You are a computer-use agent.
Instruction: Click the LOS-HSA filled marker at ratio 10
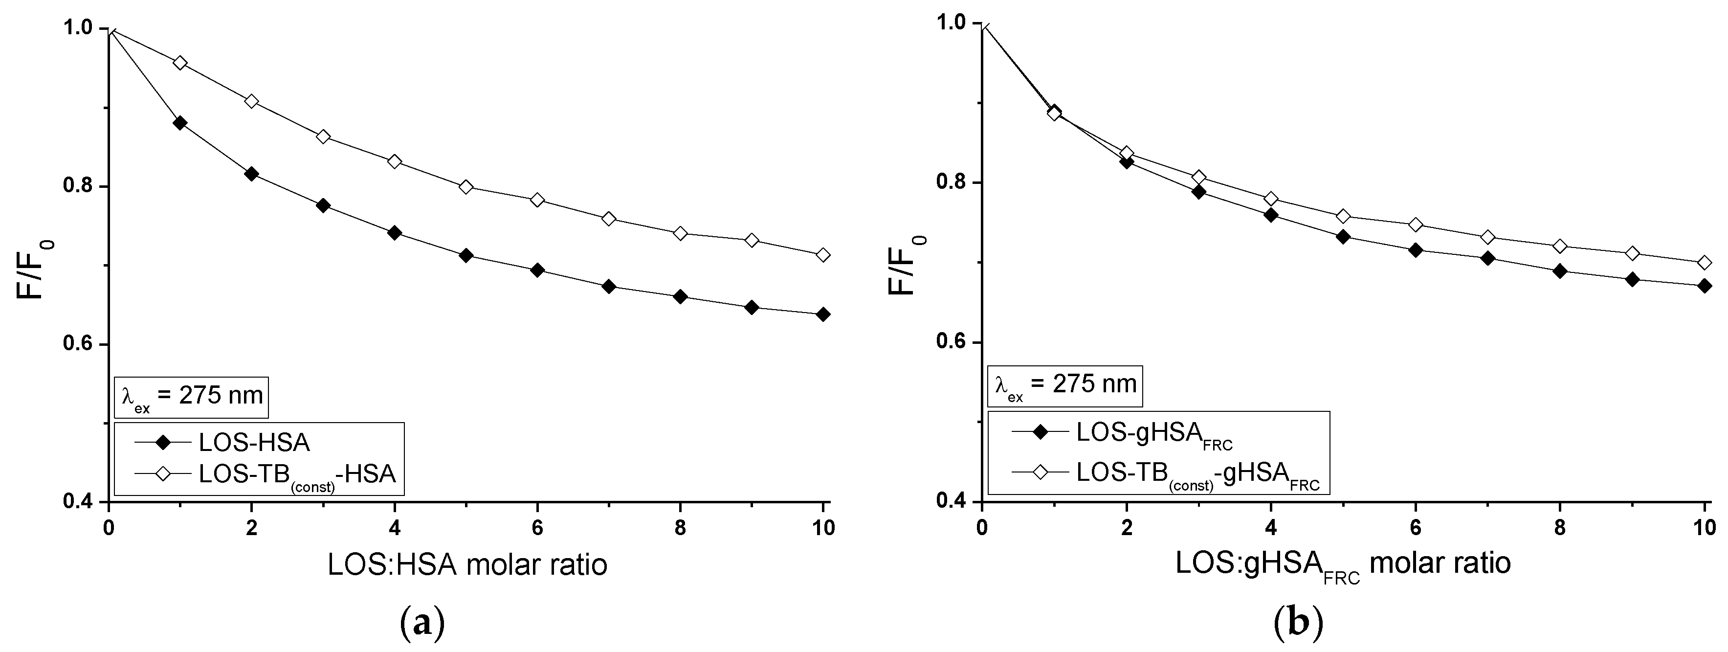[x=823, y=314]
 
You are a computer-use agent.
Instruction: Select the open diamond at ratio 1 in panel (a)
[x=180, y=63]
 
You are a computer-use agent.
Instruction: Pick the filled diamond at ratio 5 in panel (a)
[x=466, y=256]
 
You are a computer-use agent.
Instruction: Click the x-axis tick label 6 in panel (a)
[x=537, y=528]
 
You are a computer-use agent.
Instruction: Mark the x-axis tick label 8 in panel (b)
[x=1560, y=528]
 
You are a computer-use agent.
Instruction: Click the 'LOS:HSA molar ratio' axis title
[x=467, y=565]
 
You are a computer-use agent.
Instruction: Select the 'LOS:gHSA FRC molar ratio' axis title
[x=1343, y=565]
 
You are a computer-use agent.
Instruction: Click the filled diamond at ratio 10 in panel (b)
[x=1704, y=286]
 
